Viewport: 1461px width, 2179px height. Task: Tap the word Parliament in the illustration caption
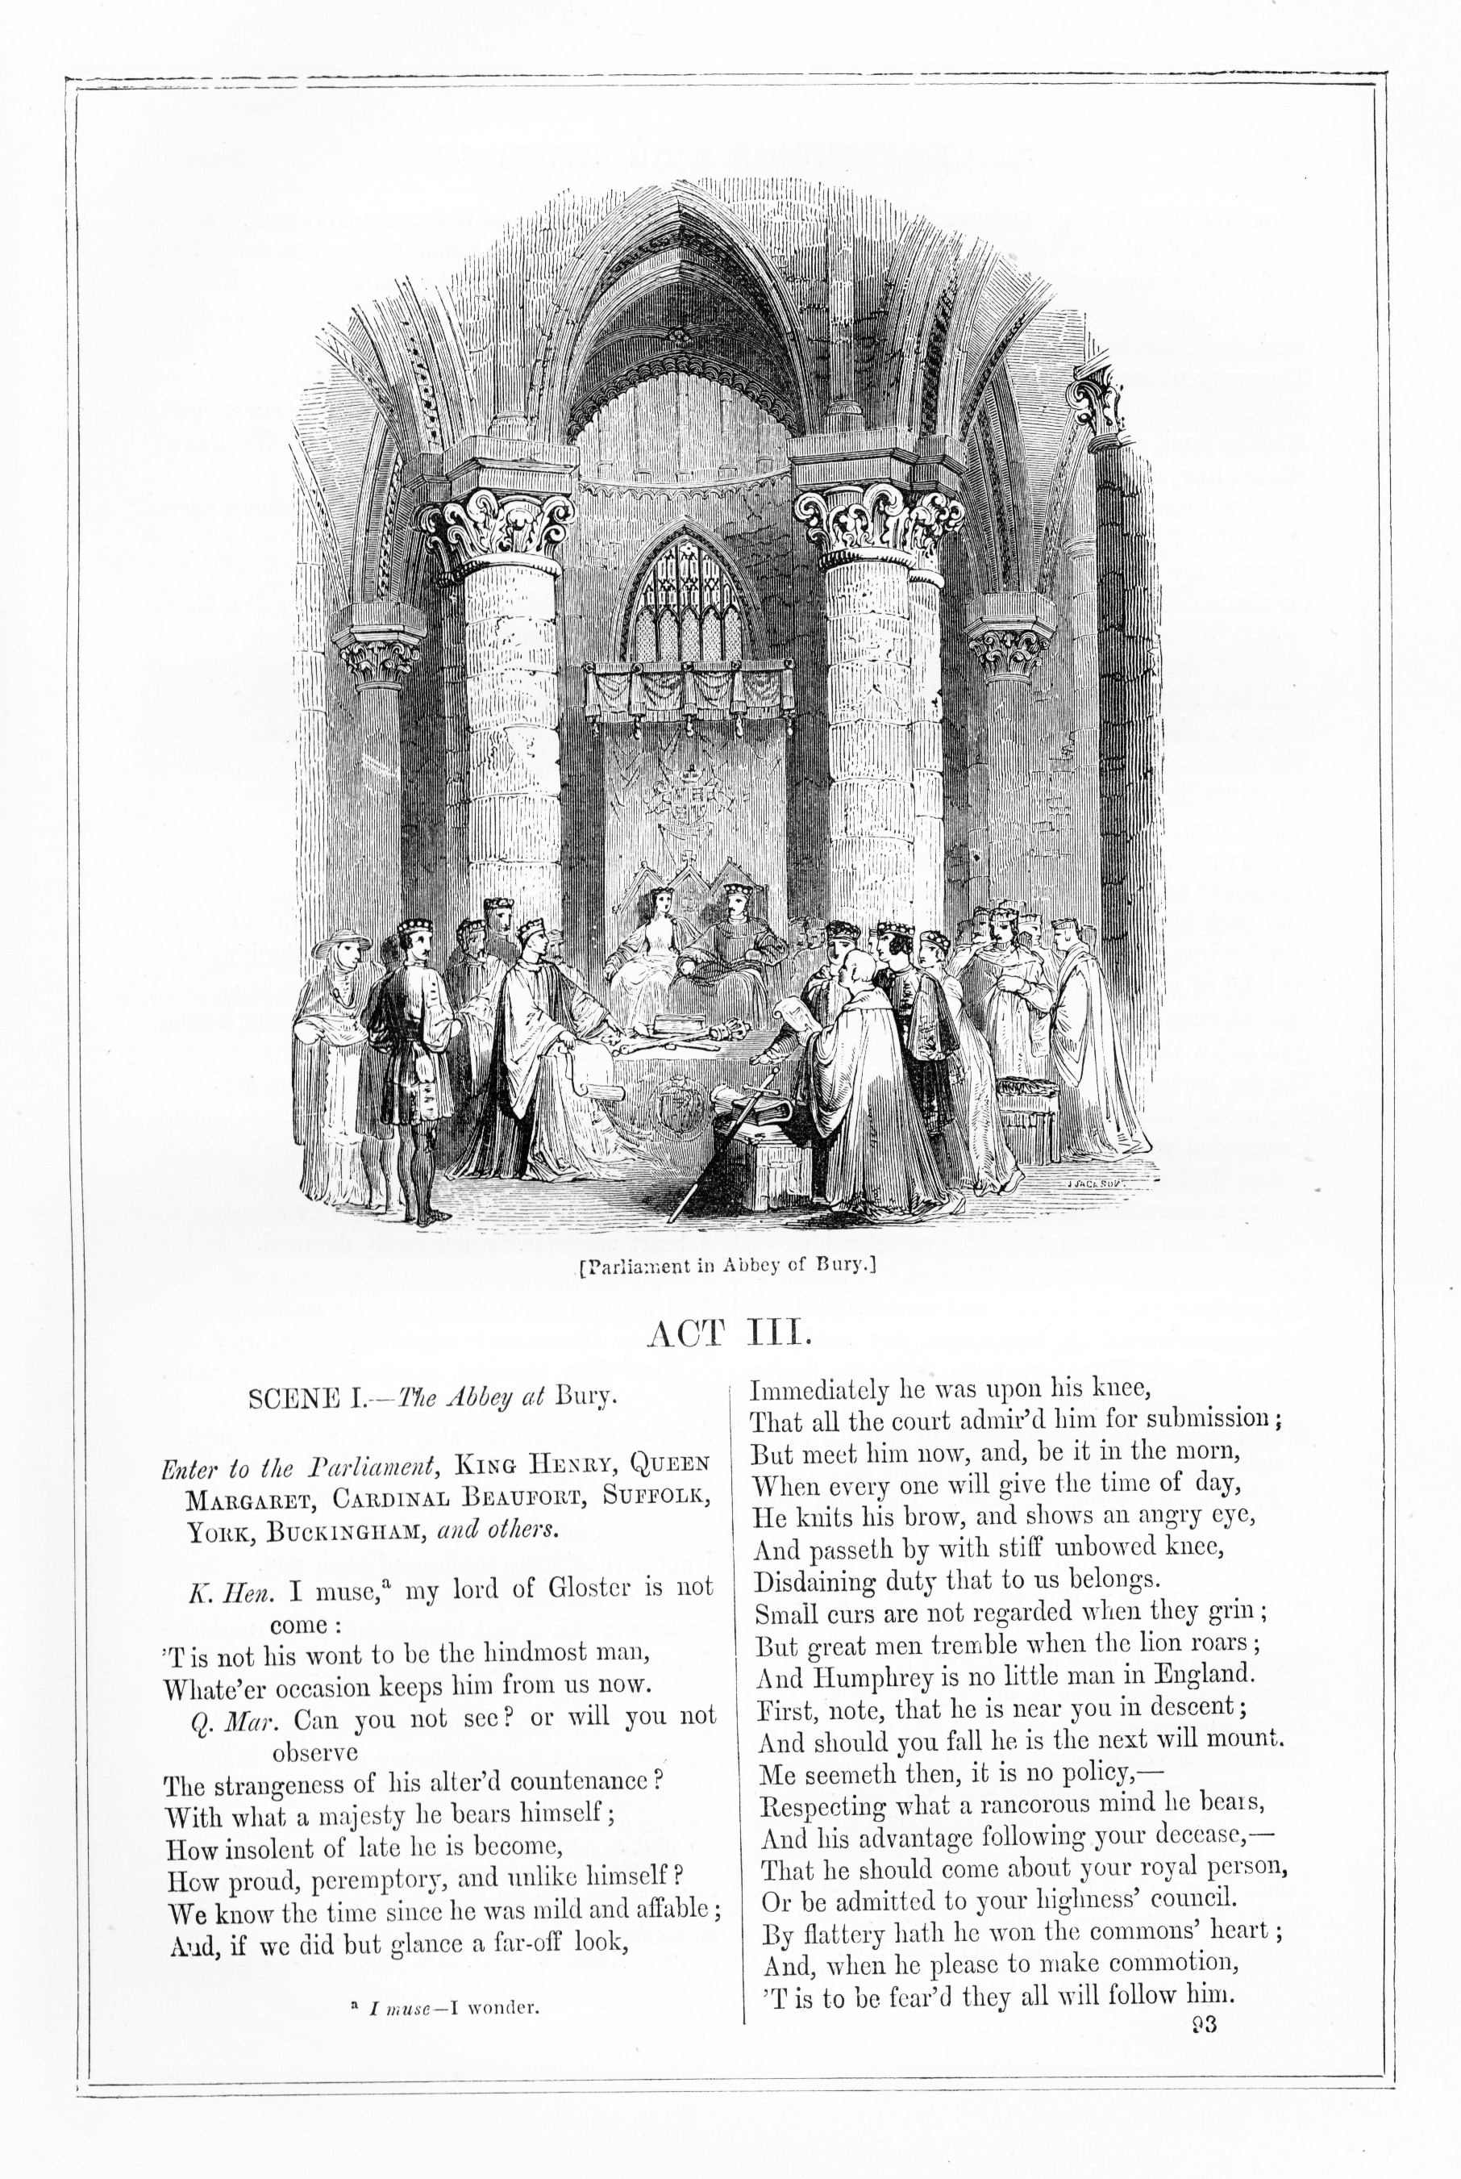pyautogui.click(x=640, y=1266)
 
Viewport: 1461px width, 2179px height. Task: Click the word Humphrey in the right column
pyautogui.click(x=866, y=1676)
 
